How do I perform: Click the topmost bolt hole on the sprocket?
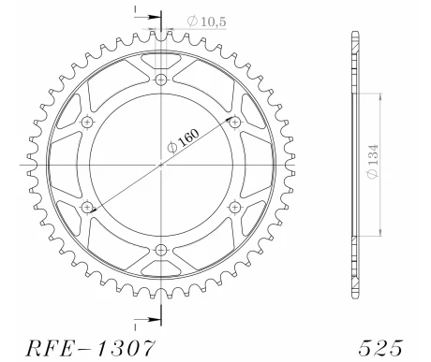coord(161,80)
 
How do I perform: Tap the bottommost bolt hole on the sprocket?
coord(161,249)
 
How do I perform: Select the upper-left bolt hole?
coord(88,123)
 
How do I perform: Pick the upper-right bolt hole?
coord(234,123)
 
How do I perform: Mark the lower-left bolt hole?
coord(88,207)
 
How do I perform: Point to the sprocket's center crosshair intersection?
coord(161,165)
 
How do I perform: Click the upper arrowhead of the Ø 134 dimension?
coord(379,96)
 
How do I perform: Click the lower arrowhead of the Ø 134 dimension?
coord(379,233)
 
